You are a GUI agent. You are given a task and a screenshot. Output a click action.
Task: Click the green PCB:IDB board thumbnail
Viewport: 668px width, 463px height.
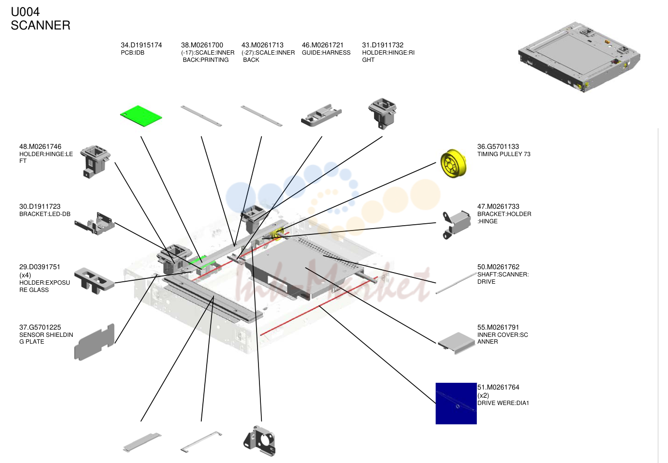(x=141, y=116)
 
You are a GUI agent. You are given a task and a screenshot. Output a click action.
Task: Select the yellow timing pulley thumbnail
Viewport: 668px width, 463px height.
(x=453, y=163)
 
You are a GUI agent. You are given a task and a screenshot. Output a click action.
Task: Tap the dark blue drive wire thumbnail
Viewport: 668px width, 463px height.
(x=456, y=403)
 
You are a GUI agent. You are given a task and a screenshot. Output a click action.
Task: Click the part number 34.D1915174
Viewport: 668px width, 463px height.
(x=141, y=45)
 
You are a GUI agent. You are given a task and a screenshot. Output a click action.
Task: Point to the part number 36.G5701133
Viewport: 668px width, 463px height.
(x=498, y=146)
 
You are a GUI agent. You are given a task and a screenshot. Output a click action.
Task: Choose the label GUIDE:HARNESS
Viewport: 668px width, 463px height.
(x=326, y=53)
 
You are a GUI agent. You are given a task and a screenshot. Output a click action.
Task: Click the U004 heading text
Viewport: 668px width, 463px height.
(x=25, y=12)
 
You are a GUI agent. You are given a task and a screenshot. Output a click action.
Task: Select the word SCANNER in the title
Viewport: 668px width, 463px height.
(x=41, y=25)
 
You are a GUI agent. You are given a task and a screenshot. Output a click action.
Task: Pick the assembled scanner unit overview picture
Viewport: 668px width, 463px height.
(x=579, y=57)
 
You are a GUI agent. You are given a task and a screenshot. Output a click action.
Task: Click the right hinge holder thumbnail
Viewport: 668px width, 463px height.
(x=382, y=113)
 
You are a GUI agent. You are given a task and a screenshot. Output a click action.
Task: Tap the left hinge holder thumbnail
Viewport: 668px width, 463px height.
(x=95, y=161)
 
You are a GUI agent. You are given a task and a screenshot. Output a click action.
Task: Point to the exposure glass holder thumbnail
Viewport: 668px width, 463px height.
(x=94, y=280)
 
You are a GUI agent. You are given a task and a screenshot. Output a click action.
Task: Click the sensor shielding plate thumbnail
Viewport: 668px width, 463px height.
(x=94, y=342)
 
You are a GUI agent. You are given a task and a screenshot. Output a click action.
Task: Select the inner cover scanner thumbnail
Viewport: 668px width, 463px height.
(x=456, y=343)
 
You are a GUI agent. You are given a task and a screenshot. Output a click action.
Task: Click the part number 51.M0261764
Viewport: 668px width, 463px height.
(x=498, y=388)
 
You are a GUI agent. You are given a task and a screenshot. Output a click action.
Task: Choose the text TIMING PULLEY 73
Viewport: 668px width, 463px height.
(x=504, y=154)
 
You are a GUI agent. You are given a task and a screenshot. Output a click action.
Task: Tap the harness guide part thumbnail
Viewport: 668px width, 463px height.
(x=321, y=115)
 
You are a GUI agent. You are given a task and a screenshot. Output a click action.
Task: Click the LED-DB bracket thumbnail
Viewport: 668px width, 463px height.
(x=94, y=223)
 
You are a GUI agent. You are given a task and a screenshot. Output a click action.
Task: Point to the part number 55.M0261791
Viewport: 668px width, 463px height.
(x=498, y=327)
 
